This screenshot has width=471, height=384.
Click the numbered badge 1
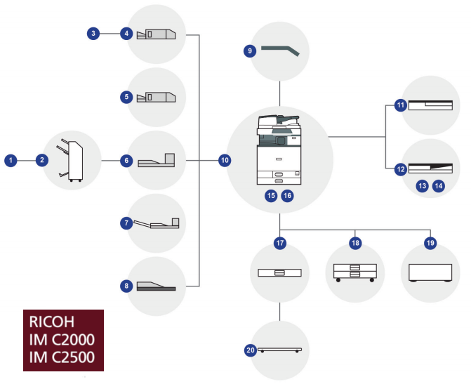(x=11, y=161)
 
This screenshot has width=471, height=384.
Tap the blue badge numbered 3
(x=93, y=34)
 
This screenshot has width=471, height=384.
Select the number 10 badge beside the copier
(x=225, y=161)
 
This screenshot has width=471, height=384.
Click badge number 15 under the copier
(x=271, y=196)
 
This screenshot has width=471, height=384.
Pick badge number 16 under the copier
(x=288, y=196)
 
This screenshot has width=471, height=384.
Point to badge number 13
(x=423, y=186)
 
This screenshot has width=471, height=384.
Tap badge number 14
(x=439, y=186)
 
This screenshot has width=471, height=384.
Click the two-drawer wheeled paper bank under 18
(x=355, y=272)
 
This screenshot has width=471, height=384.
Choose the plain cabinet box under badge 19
(x=430, y=272)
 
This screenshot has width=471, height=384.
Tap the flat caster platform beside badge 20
(x=279, y=350)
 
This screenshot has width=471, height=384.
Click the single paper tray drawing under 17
(x=279, y=272)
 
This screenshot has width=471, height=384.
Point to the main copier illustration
(x=279, y=150)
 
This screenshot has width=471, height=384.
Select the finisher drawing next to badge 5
(x=157, y=97)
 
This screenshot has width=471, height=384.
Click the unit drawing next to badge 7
(x=157, y=224)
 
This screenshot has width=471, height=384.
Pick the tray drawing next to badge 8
(x=157, y=286)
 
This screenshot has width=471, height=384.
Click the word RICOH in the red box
(x=52, y=322)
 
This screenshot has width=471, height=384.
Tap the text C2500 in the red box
(x=73, y=357)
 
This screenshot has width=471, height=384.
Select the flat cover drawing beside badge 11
(x=430, y=105)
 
